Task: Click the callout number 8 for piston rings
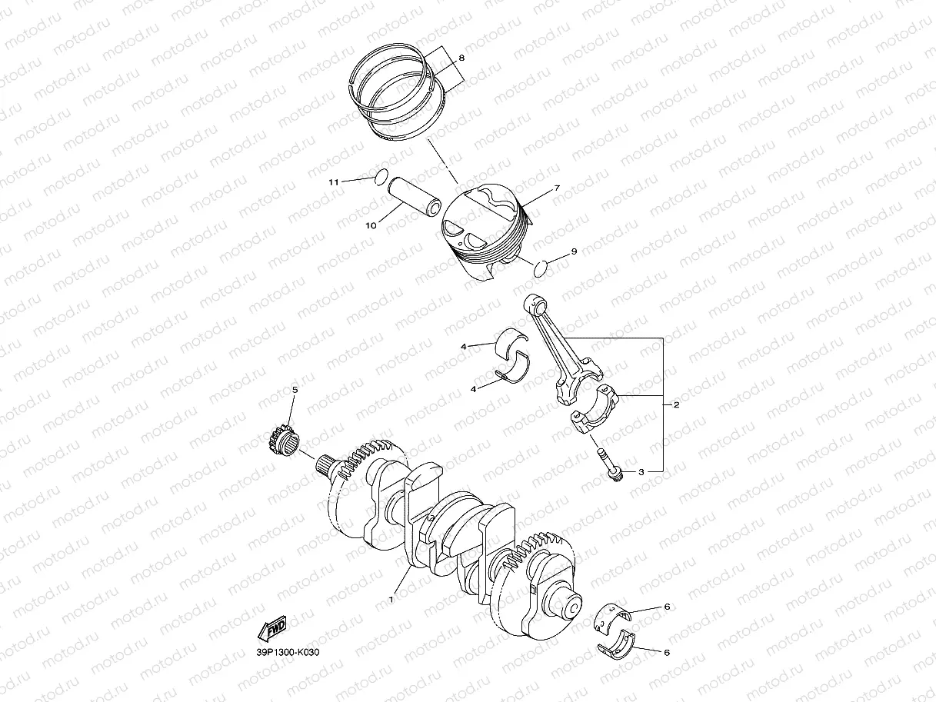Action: [461, 58]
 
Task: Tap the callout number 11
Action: [334, 182]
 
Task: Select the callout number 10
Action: [371, 225]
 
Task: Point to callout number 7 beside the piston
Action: [557, 188]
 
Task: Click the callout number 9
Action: [574, 251]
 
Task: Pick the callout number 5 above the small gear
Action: [295, 390]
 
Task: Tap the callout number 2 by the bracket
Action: [676, 404]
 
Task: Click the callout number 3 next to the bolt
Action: [641, 472]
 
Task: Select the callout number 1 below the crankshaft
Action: [391, 599]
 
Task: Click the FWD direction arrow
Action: [272, 629]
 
